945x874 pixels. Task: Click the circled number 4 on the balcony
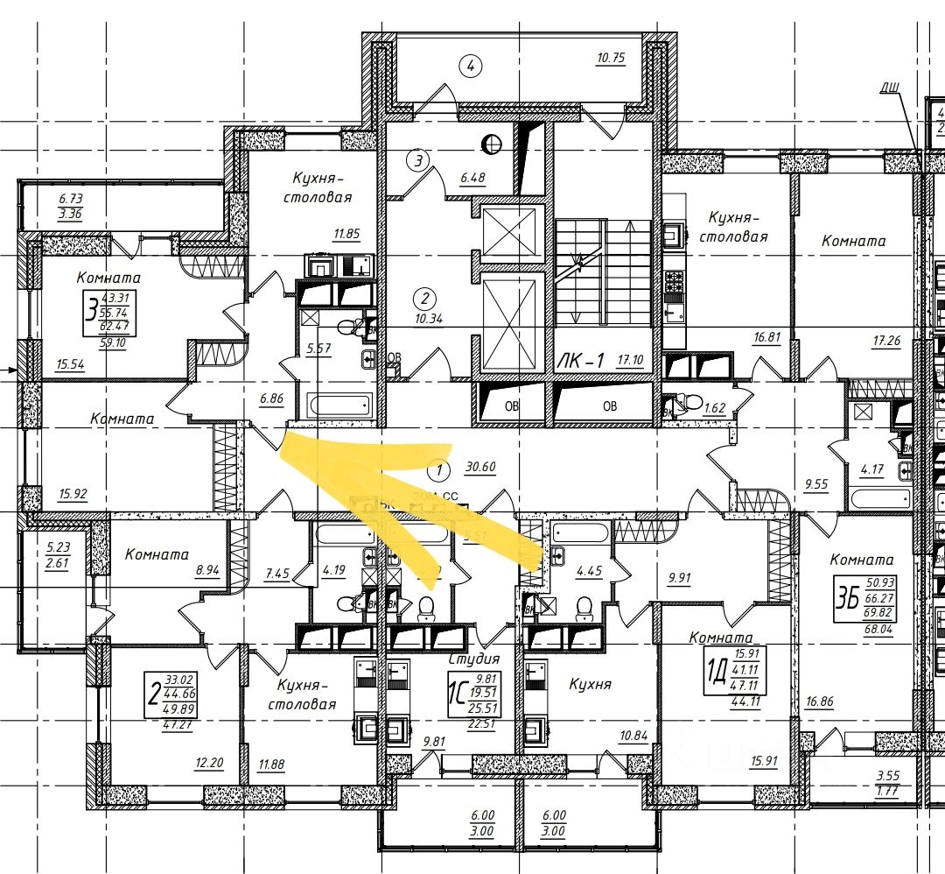coord(471,65)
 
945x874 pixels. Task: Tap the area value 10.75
coord(612,59)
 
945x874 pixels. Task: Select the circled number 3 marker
coord(419,160)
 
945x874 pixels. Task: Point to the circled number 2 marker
coord(423,297)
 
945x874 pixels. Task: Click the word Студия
coord(473,659)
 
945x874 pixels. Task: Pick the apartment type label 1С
coord(454,694)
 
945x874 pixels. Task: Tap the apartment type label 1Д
coord(715,676)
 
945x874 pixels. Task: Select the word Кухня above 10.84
coord(590,684)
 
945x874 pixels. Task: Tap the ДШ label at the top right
coord(890,86)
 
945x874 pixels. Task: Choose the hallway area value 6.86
coord(272,398)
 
